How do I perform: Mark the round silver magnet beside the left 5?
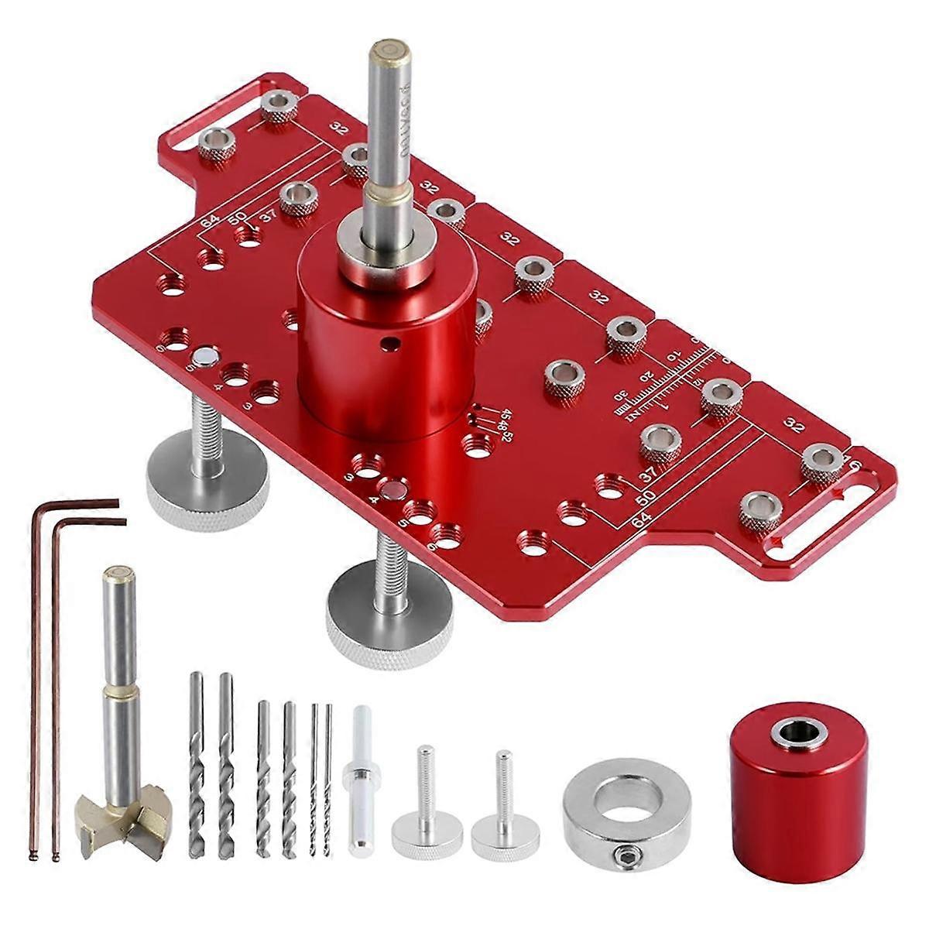point(206,355)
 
